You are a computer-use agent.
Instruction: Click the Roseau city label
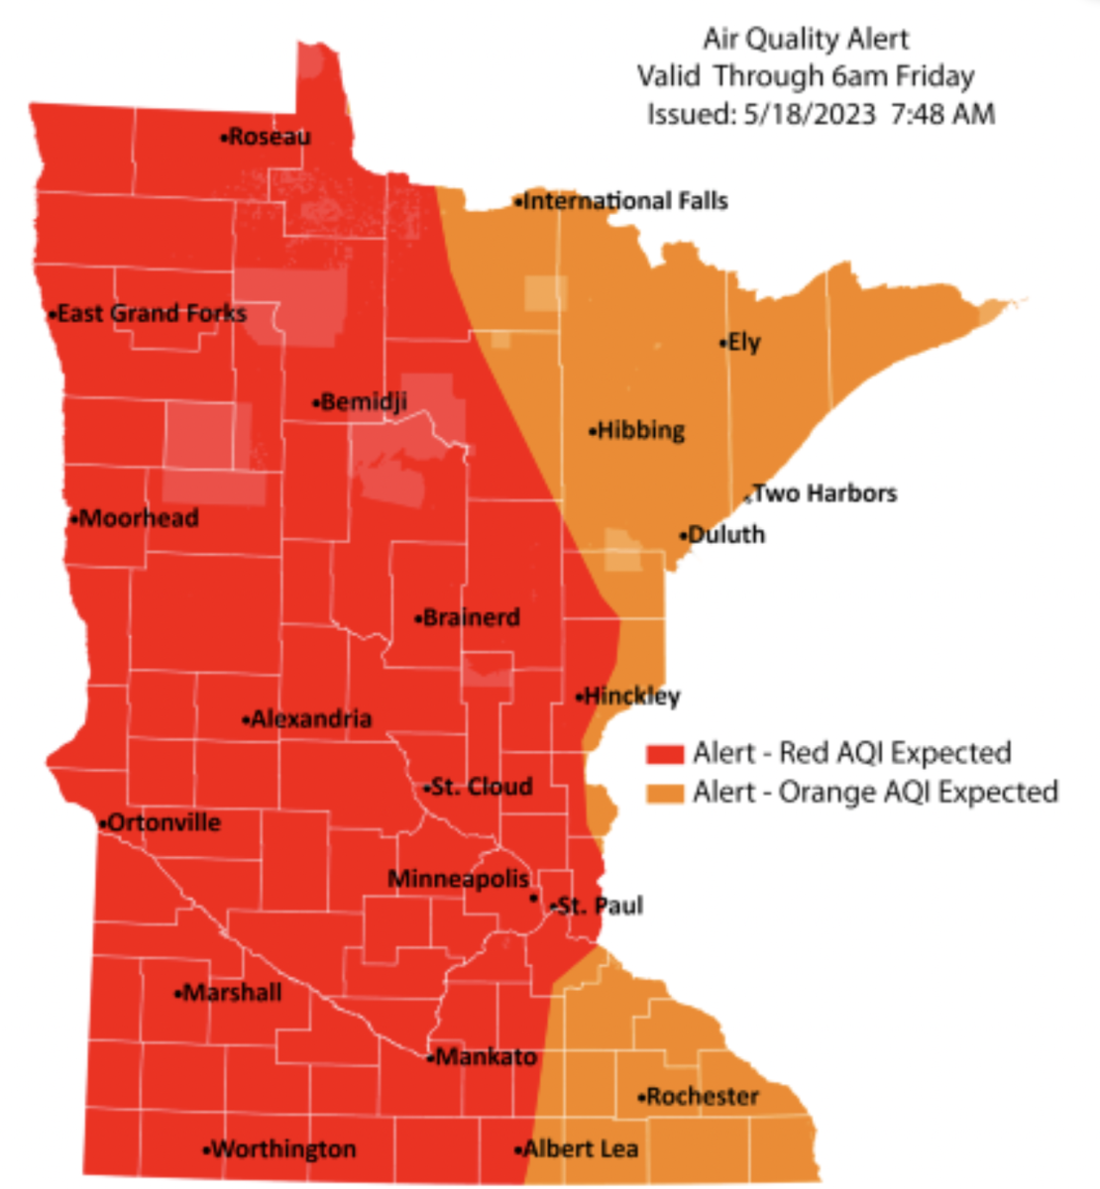coord(270,137)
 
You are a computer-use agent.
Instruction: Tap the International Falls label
coord(625,201)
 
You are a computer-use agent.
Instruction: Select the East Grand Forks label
coord(152,314)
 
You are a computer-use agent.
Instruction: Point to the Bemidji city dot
coord(316,403)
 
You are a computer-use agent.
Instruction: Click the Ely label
coord(744,343)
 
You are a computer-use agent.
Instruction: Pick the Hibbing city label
coord(641,431)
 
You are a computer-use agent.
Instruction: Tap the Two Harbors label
coord(825,493)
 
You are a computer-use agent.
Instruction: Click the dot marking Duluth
coord(683,536)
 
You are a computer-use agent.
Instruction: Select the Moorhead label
coord(139,518)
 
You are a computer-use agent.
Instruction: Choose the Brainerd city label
coord(472,618)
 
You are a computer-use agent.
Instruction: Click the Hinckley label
coord(632,697)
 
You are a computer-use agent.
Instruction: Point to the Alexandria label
coord(311,719)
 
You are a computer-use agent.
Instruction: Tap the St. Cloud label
coord(483,788)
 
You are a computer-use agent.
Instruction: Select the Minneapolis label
coord(458,879)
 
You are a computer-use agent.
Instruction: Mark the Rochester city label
coord(703,1097)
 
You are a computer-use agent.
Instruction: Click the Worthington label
coord(283,1149)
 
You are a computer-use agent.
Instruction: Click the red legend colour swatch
coord(664,754)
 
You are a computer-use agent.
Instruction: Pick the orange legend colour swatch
coord(664,794)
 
